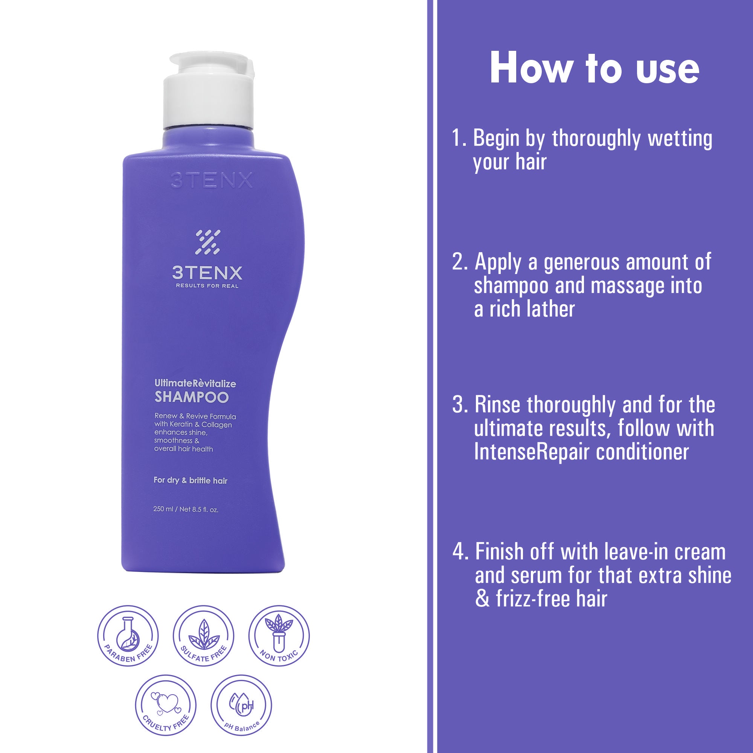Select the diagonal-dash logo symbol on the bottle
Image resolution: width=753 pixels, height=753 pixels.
(207, 242)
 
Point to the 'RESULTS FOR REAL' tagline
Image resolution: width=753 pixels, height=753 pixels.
(207, 286)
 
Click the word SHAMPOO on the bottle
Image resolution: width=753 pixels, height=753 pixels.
(191, 398)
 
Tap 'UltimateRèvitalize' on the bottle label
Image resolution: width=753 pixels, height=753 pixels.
(195, 384)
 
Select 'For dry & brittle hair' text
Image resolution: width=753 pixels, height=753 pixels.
(191, 480)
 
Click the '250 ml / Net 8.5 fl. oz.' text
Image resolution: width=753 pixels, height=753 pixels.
(186, 509)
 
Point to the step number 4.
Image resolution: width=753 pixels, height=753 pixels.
(459, 552)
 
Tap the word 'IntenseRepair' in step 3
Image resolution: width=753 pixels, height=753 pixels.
(530, 453)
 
